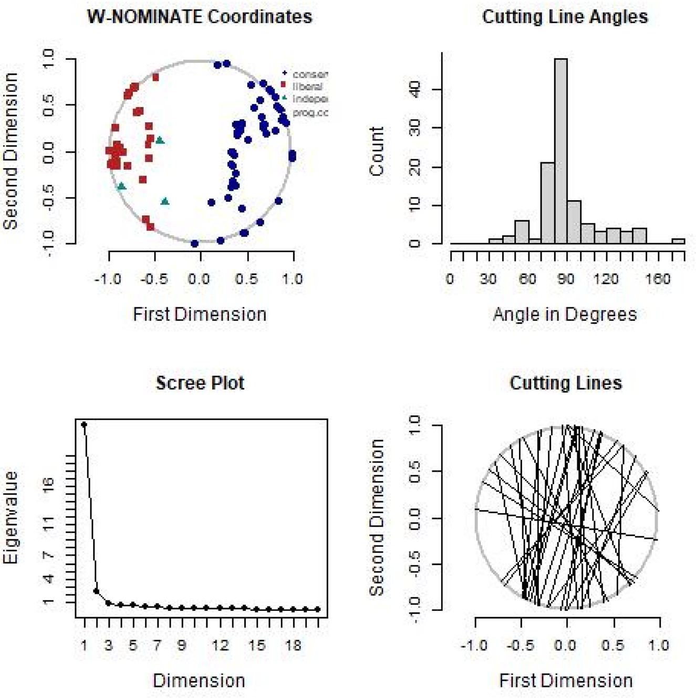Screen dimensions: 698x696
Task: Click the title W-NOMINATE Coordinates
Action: pos(200,17)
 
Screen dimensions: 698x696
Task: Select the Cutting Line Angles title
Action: pos(565,17)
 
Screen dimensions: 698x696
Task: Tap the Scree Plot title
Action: pos(200,383)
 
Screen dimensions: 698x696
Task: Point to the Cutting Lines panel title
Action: pos(565,383)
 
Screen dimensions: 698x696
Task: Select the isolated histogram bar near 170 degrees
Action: pos(678,241)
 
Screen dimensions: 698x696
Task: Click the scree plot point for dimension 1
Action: pos(84,424)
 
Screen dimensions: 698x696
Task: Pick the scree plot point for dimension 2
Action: pos(96,591)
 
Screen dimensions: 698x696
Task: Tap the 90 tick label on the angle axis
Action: pos(565,278)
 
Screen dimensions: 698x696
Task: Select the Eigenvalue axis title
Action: pos(11,517)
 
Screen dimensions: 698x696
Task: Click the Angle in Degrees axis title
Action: pos(565,314)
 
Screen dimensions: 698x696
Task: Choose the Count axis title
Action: pos(377,151)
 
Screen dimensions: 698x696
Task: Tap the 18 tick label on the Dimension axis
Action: pos(293,645)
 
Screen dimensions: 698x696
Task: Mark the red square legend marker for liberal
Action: pos(283,85)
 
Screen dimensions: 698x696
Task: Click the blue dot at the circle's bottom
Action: pos(194,243)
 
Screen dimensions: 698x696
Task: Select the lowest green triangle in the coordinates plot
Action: pos(165,201)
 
